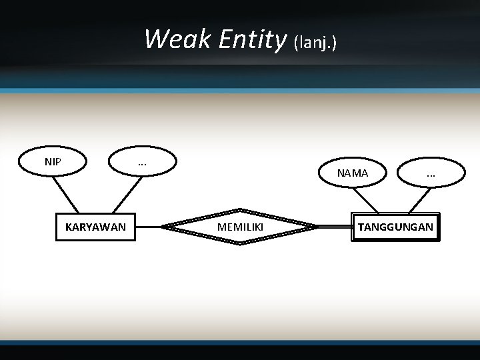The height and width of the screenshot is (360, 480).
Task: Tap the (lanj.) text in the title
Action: pos(315,43)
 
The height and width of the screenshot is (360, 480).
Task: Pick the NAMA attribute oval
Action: pos(352,173)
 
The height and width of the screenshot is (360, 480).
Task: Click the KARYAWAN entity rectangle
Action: pos(95,227)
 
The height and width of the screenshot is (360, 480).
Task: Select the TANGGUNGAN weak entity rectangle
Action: pos(395,227)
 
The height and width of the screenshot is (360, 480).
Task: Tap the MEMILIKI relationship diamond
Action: pos(240,227)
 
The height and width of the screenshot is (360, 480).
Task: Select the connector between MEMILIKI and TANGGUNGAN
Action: pos(335,227)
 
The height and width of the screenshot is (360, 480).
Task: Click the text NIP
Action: pos(53,161)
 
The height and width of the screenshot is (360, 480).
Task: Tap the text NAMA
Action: pos(352,173)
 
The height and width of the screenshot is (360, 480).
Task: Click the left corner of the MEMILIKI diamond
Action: pos(165,227)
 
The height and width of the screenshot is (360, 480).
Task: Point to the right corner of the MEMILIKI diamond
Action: pos(316,227)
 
